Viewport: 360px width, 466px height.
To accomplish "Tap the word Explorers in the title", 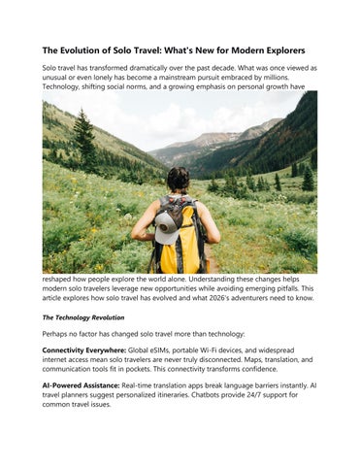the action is tap(277, 50).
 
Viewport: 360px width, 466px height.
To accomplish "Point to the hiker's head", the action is tap(178, 180).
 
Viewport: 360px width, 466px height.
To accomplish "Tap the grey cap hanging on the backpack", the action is tap(165, 220).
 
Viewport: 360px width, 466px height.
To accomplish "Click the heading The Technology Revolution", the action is tap(83, 316).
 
